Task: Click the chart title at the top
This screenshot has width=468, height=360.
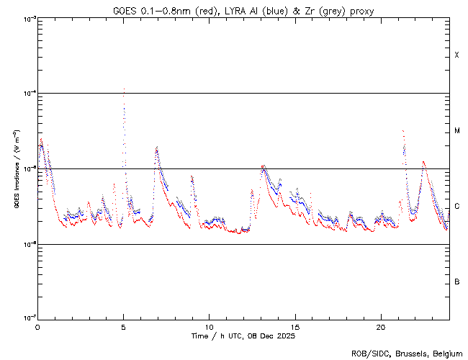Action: point(243,10)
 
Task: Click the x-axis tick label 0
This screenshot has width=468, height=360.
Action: point(37,326)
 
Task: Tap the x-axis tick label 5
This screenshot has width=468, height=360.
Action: point(123,326)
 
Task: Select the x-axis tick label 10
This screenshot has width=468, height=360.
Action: point(209,326)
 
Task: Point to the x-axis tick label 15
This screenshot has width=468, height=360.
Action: point(294,326)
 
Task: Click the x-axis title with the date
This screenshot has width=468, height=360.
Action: point(243,336)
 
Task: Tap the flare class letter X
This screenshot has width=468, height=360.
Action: point(457,55)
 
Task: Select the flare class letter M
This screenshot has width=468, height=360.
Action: point(457,131)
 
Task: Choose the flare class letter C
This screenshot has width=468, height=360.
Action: point(457,207)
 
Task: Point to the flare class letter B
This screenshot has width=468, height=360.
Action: point(457,282)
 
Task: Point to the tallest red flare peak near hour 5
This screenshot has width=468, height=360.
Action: point(124,90)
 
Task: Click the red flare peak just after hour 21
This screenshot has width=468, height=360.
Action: point(402,131)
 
